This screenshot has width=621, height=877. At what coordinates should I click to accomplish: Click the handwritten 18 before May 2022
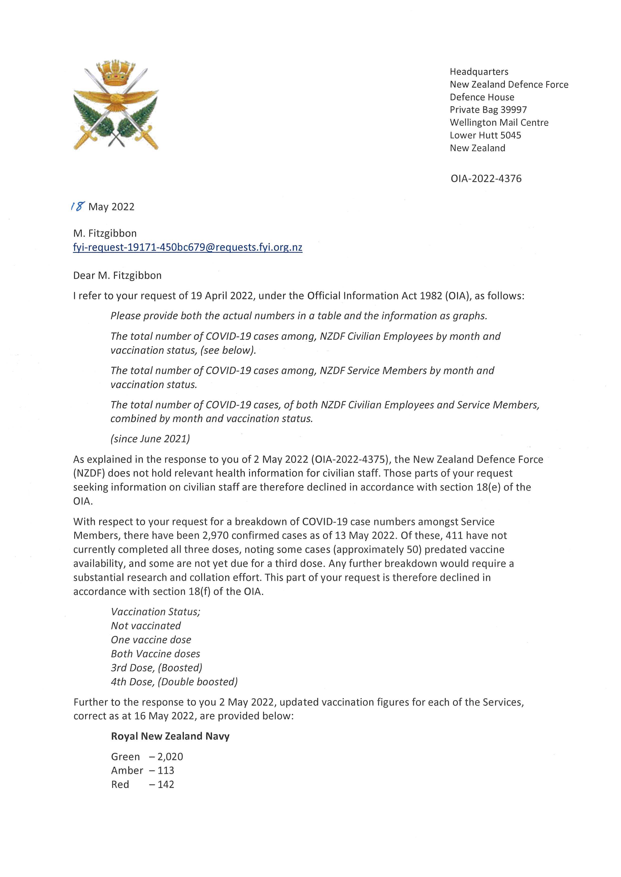[78, 207]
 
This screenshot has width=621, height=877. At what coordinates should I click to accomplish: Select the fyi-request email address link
[187, 248]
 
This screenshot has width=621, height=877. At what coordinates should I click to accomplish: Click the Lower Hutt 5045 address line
[485, 135]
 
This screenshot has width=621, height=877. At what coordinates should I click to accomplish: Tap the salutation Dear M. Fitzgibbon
[117, 275]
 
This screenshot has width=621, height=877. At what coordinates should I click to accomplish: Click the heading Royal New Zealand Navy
[170, 736]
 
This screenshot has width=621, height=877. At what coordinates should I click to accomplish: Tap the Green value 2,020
[170, 757]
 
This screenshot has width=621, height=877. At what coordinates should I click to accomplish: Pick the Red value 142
[166, 784]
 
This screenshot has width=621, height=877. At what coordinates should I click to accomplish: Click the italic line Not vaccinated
[146, 626]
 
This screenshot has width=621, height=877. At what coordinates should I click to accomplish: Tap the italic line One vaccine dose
[151, 640]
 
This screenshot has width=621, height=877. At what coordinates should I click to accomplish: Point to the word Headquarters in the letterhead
[479, 72]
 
